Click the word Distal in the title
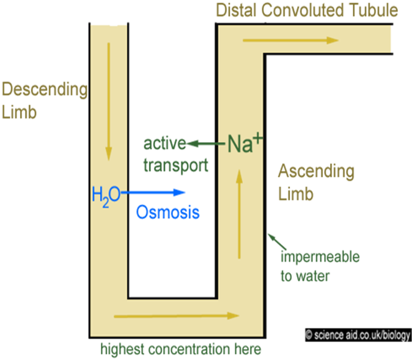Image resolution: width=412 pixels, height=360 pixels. coord(235,10)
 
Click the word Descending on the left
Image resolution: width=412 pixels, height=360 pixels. coord(44,89)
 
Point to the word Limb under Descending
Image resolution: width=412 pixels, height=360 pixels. coord(19,112)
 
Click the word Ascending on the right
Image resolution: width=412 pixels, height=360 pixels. coord(316,172)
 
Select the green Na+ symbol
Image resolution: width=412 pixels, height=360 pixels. coord(244,142)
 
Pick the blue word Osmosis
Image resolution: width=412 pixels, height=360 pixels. coord(168,212)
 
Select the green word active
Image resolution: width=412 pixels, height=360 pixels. coord(164,144)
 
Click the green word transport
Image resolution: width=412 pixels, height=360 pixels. coord(175,165)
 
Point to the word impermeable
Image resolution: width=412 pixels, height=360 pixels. coord(320,257)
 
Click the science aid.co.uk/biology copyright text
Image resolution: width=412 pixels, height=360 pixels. coord(358,335)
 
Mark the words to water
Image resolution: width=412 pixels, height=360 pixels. coord(305,276)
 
